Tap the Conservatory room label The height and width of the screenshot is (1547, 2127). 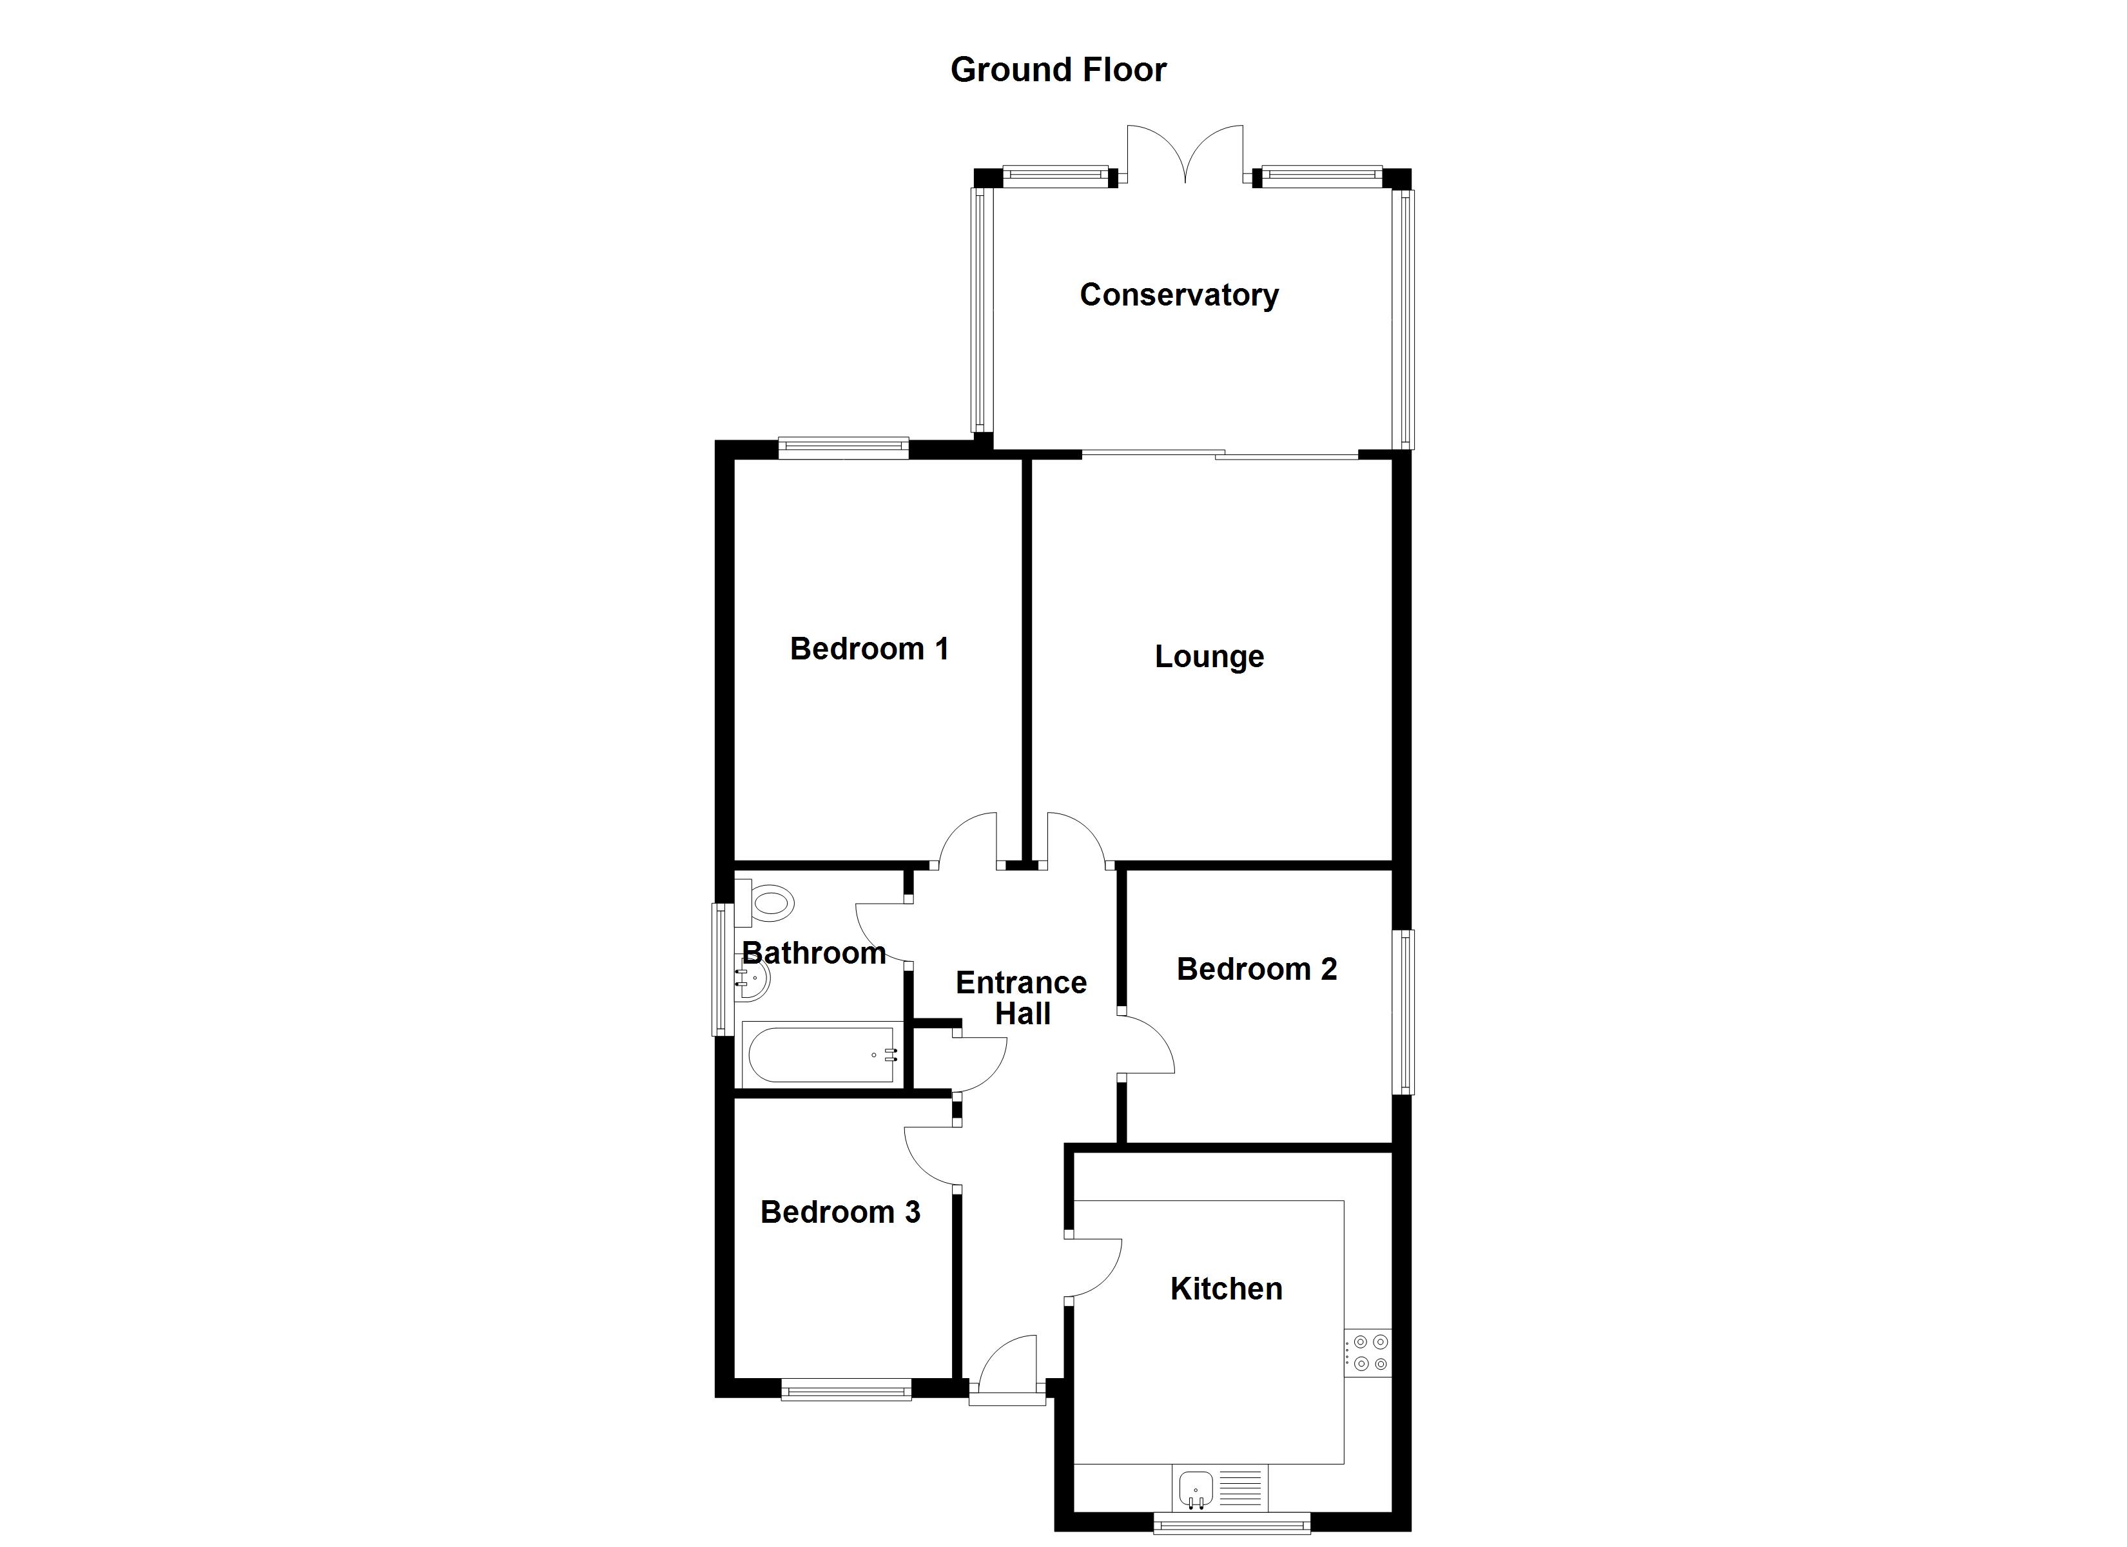pos(1179,295)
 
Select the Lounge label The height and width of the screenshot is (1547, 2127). pos(1209,657)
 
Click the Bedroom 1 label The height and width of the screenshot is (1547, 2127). pos(869,649)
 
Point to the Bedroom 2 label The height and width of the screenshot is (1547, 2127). pos(1257,969)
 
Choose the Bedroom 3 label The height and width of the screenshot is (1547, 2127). pos(840,1212)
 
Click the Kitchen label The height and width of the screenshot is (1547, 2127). pos(1226,1289)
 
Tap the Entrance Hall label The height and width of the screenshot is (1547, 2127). pos(1022,998)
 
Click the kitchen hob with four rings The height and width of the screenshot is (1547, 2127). pos(1369,1353)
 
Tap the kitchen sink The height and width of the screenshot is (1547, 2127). pos(1195,1487)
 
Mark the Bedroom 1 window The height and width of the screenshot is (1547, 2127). pos(843,449)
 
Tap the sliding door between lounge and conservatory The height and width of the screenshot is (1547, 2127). pos(1219,456)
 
